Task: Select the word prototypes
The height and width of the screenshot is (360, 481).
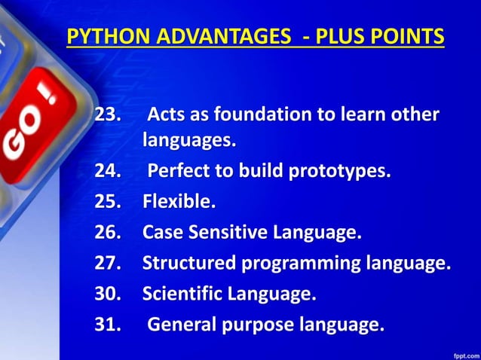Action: point(339,171)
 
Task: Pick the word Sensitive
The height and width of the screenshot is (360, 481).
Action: point(227,233)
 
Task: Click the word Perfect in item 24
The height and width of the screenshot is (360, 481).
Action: point(178,171)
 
